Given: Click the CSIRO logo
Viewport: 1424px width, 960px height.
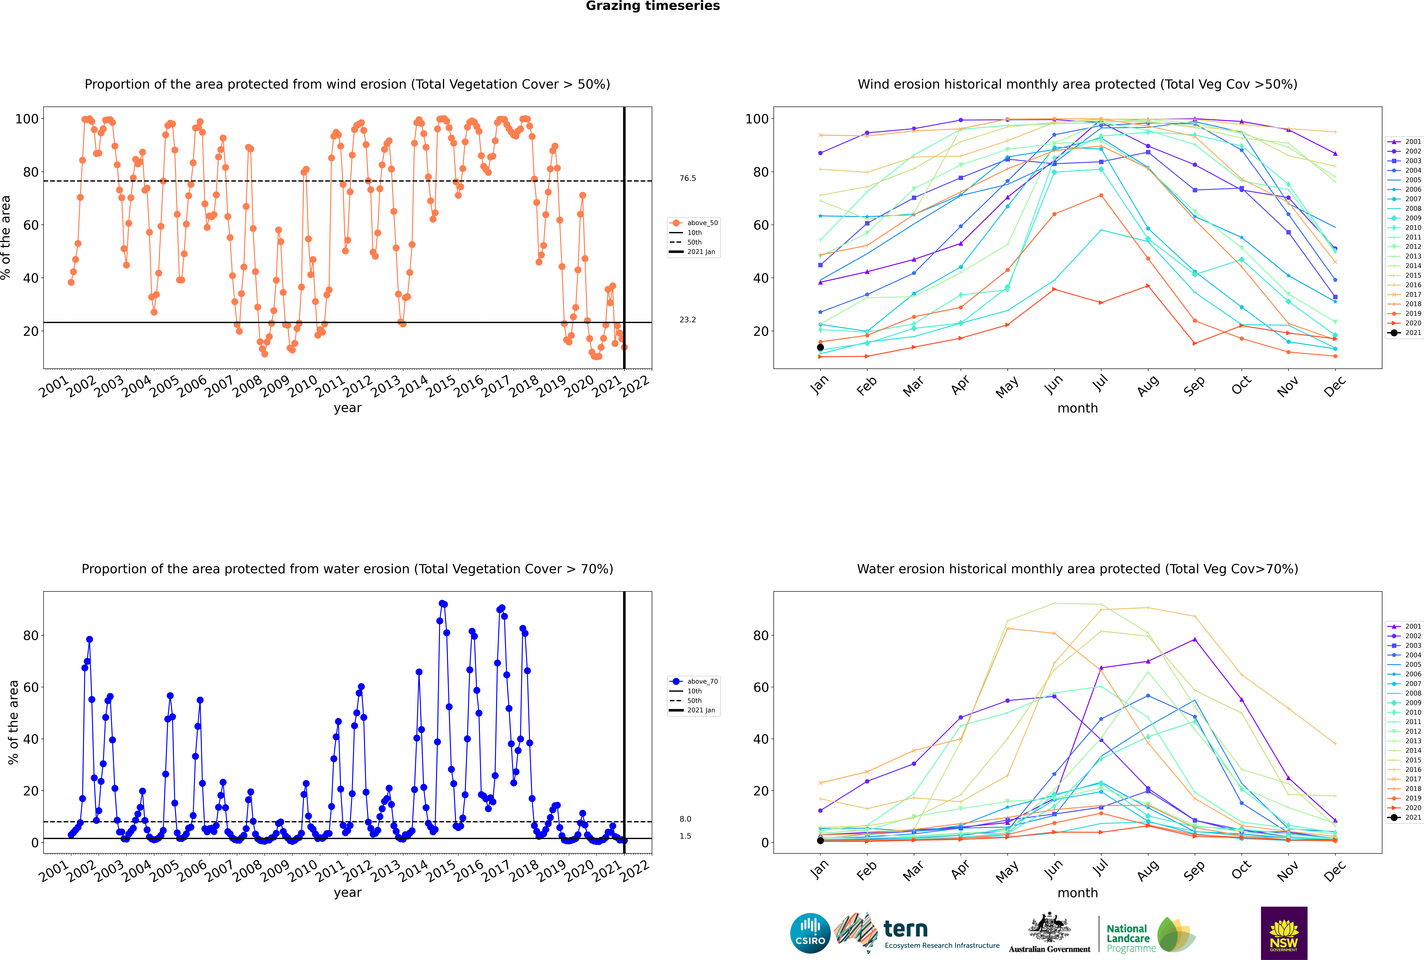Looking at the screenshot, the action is [810, 933].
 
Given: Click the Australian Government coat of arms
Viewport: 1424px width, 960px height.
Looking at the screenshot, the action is [1049, 928].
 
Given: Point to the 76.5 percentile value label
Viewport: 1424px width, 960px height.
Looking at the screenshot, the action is [687, 178].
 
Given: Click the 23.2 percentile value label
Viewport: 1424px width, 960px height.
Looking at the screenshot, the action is [687, 320].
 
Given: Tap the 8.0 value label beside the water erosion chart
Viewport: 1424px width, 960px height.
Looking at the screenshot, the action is [685, 819].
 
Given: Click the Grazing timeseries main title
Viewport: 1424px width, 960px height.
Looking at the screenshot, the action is [653, 6].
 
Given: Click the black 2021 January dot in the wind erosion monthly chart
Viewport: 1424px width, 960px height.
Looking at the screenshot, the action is [820, 347].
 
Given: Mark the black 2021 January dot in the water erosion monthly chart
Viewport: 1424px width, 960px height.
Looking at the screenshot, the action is [820, 841].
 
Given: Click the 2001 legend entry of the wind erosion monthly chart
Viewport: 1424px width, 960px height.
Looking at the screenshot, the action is [1404, 141].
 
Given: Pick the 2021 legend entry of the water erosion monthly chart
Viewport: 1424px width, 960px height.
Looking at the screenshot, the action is [1404, 817].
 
